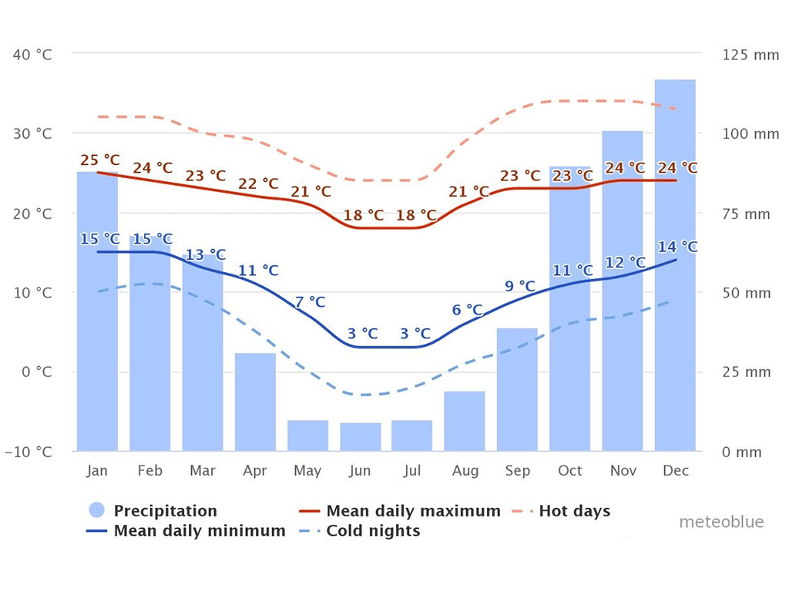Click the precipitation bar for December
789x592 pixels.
[675, 308]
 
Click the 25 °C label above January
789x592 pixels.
[100, 160]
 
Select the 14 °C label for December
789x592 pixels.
[677, 247]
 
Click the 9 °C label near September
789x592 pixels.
[519, 286]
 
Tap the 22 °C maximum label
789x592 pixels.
[258, 183]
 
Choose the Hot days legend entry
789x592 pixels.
[574, 511]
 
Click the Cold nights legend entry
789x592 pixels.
[373, 531]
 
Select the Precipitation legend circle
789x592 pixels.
[97, 511]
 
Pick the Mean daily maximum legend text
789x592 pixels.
[413, 511]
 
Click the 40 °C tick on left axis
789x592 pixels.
[32, 55]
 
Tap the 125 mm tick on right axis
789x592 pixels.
[750, 55]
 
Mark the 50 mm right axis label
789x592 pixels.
[747, 293]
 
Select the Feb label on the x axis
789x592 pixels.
[149, 471]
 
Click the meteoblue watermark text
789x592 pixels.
[721, 523]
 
